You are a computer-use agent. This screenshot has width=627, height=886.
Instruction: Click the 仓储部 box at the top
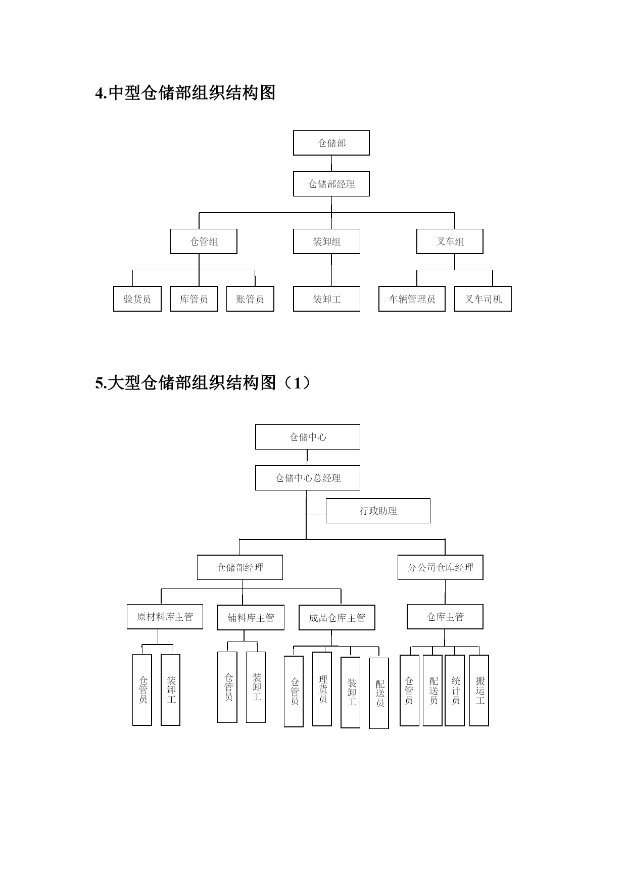(x=331, y=143)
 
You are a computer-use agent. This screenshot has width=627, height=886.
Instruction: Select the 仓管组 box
(x=204, y=241)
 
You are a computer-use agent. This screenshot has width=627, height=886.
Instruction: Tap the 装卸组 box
(x=326, y=241)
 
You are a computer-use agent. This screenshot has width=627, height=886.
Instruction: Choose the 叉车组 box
(x=450, y=241)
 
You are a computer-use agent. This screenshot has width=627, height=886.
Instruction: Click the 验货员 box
(x=137, y=299)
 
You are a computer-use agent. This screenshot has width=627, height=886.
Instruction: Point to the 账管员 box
(x=250, y=299)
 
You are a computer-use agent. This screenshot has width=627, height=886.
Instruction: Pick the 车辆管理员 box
(x=412, y=299)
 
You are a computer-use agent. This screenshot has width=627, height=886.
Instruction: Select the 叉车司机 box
(x=483, y=299)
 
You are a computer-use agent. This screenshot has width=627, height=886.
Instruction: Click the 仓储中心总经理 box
(x=308, y=478)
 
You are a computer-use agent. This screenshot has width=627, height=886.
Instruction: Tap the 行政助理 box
(x=378, y=511)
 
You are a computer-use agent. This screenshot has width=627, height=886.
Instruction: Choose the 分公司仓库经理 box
(x=441, y=567)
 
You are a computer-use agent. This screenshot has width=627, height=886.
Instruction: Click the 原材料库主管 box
(x=165, y=617)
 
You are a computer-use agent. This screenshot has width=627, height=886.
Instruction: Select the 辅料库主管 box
(x=251, y=618)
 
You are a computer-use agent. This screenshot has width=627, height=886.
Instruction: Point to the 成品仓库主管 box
(x=337, y=618)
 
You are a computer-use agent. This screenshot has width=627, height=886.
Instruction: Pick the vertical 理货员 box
(x=322, y=689)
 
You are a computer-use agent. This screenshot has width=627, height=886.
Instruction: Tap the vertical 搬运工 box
(x=479, y=691)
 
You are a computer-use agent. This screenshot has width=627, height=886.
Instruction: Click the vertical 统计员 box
(x=455, y=691)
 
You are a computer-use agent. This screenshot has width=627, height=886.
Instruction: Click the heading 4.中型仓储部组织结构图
(x=185, y=93)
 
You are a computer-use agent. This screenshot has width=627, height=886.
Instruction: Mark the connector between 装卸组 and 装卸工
(x=331, y=270)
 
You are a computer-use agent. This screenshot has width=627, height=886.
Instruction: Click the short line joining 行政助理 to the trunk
(x=316, y=515)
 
